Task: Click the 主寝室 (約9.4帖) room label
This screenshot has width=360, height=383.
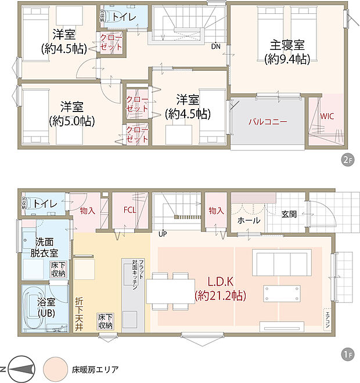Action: coord(286,51)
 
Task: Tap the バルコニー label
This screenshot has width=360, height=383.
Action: coord(268,122)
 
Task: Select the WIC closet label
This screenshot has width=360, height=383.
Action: coord(327,115)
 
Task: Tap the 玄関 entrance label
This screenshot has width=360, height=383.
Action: coord(289,214)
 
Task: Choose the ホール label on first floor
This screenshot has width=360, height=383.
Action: coord(249,221)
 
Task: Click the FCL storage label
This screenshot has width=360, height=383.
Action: coord(129,210)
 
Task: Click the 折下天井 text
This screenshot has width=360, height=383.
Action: coord(79,314)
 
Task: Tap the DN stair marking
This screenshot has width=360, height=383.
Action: coord(216,46)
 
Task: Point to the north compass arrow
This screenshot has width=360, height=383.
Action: coord(18,369)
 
